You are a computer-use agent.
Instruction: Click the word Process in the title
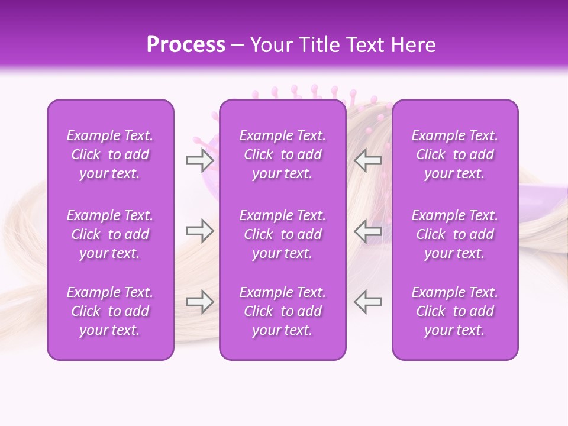click(x=186, y=45)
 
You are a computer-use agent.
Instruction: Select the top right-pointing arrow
click(x=199, y=160)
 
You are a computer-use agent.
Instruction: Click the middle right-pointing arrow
click(x=199, y=231)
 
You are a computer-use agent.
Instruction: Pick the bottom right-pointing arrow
click(x=199, y=302)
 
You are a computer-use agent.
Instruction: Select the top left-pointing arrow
click(x=368, y=160)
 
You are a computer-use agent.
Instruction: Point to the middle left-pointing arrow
click(x=368, y=231)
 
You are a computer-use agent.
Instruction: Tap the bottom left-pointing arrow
click(x=368, y=302)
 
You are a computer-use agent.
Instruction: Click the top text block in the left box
click(x=110, y=154)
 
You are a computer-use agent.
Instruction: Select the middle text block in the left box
click(x=110, y=234)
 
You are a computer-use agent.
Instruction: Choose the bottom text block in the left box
click(x=110, y=311)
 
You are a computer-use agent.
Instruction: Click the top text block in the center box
click(x=282, y=154)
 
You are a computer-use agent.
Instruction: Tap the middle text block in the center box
click(x=282, y=234)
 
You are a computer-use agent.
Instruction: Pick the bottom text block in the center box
click(x=282, y=311)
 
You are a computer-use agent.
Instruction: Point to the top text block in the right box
click(x=454, y=154)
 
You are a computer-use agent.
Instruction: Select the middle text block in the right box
click(x=454, y=234)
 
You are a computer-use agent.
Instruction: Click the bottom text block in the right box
click(x=454, y=311)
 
